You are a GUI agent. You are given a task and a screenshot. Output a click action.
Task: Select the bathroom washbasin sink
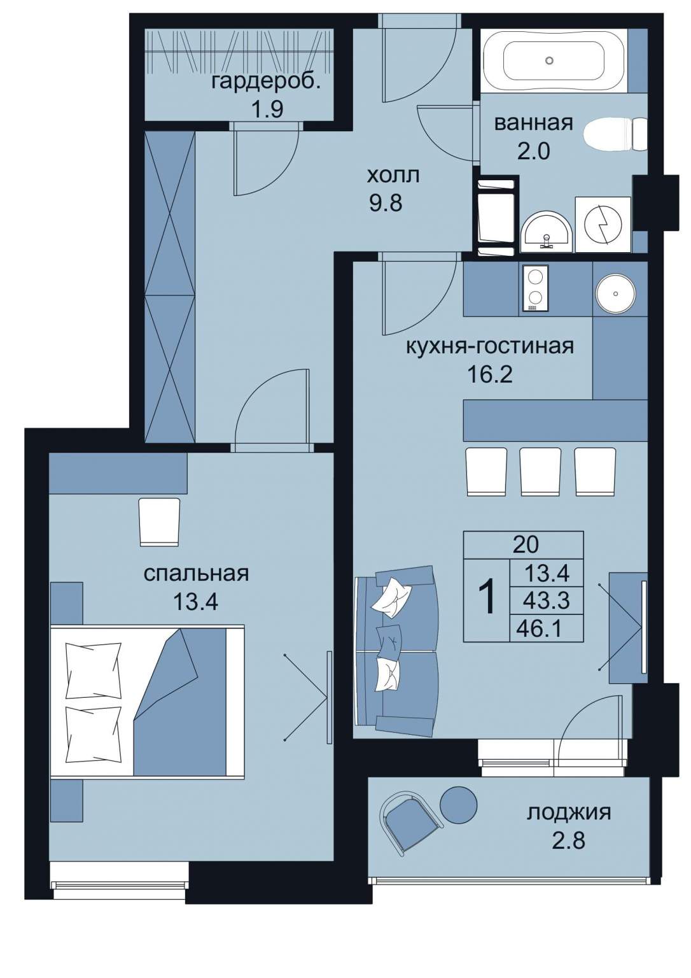pos(547,234)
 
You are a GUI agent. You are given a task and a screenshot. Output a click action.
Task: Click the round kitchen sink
pos(615,294)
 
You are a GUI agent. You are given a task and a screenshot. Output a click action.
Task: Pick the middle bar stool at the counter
pos(540,472)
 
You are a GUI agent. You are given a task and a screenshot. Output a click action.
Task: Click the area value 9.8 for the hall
pos(386,203)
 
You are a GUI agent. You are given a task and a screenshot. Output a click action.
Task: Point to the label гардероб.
pos(267,82)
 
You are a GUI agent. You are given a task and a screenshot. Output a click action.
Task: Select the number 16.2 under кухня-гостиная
pos(490,374)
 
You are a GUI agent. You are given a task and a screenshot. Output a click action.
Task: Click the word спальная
pos(197,574)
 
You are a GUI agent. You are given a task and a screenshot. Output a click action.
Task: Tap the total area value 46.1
pos(544,630)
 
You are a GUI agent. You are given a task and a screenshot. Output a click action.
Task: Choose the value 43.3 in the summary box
pos(547,600)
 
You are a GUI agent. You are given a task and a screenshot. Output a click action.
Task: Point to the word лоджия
pos(569,813)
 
